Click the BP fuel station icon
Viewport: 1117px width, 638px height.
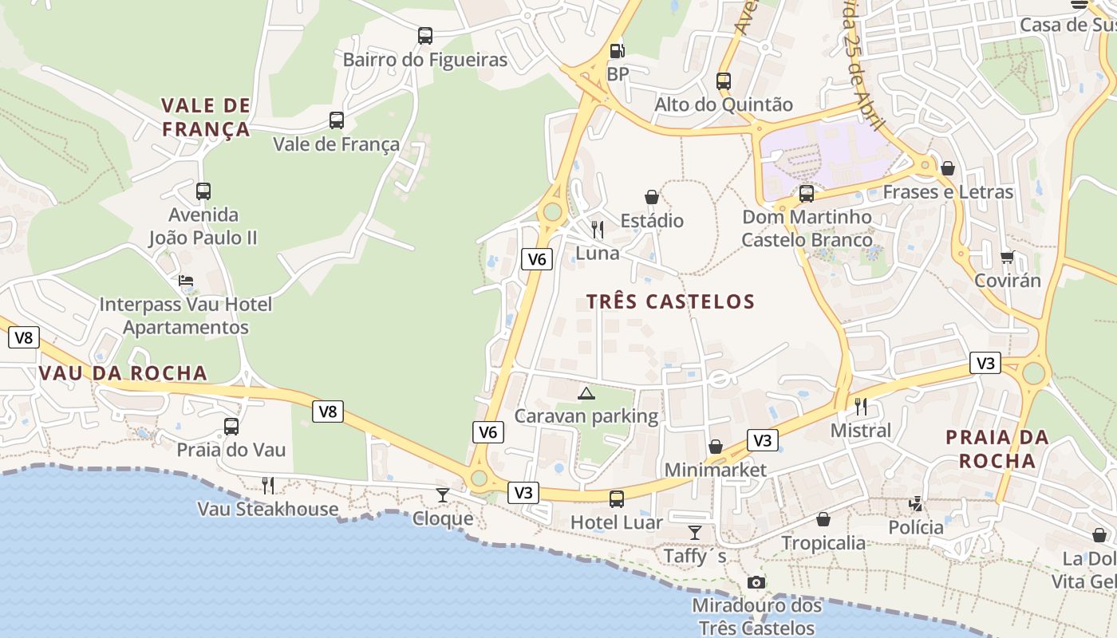pos(617,50)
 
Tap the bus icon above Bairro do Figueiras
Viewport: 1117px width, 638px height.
pos(425,36)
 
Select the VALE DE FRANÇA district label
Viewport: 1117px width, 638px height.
pos(206,117)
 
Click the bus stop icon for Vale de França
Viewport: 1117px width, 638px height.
pos(337,120)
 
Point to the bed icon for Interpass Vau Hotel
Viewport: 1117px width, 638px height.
pos(186,281)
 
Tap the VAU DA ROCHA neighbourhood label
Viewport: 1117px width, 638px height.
pos(123,373)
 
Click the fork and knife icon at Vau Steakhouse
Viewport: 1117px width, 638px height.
pos(268,485)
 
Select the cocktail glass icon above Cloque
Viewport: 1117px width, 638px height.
pos(443,494)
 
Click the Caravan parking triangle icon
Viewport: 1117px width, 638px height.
pos(586,392)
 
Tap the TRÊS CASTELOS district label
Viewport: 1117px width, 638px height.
pos(670,301)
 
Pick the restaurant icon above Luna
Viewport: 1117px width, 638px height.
pos(598,230)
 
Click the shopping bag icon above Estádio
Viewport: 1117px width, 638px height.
pos(652,197)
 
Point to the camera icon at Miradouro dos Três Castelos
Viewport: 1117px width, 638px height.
pos(756,583)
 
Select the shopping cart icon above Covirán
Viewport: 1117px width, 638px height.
pos(1008,257)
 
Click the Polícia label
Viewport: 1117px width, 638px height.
pos(916,528)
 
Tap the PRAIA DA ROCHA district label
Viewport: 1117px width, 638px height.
pos(997,449)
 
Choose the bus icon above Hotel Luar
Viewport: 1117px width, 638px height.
pos(617,499)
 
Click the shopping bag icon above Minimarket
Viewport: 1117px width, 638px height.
pos(716,447)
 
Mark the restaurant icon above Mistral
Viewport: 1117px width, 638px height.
pos(861,407)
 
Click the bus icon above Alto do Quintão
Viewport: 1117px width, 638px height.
pos(724,81)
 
